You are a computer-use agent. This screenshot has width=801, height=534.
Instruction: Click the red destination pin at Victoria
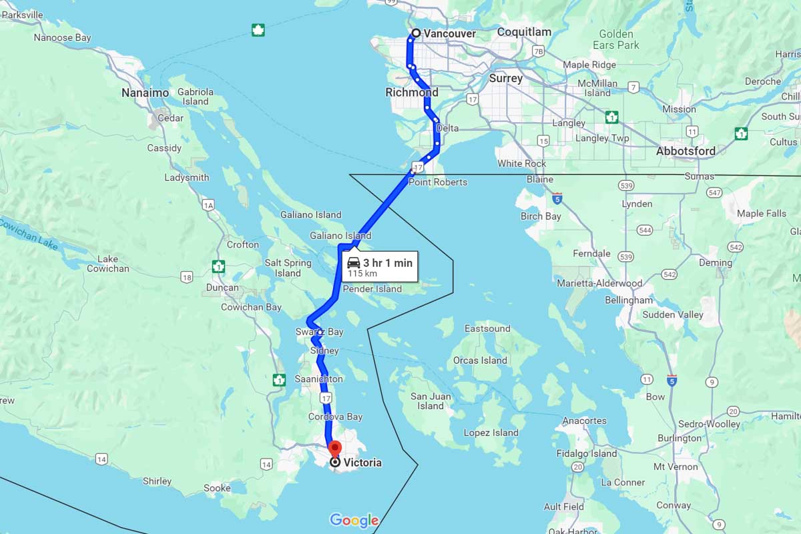point(334,449)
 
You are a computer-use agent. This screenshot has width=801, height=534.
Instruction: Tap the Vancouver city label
point(450,33)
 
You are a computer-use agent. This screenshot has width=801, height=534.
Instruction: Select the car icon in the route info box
point(354,262)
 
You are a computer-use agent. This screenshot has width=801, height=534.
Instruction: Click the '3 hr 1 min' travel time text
point(388,263)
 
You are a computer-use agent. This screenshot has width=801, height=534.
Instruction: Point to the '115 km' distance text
point(362,274)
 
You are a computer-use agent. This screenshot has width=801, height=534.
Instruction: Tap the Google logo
point(354,521)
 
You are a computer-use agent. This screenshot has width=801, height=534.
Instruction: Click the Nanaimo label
point(145,93)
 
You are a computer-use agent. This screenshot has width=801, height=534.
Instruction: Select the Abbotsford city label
point(686,151)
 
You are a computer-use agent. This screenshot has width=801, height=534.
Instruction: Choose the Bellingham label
point(629,300)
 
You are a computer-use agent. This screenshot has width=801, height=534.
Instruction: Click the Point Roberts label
point(438,182)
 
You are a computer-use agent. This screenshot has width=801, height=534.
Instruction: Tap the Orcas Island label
point(480,360)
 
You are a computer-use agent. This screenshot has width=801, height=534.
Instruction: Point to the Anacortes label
point(585,421)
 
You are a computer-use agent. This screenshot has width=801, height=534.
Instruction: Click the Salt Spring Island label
point(288,268)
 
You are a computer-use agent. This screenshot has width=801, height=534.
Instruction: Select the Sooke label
point(217,488)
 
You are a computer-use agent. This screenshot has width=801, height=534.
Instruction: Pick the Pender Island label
point(372,289)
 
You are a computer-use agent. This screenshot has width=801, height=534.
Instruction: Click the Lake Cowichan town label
point(107,264)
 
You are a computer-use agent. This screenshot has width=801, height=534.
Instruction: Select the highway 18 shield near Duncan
point(186,277)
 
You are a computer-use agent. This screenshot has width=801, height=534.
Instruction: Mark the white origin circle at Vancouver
point(416,33)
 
